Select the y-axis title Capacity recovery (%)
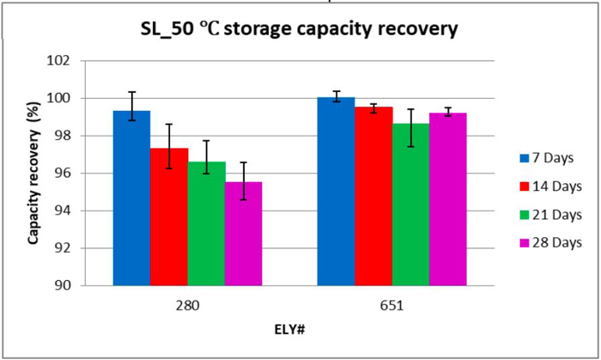[33, 174]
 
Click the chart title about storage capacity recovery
[300, 29]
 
